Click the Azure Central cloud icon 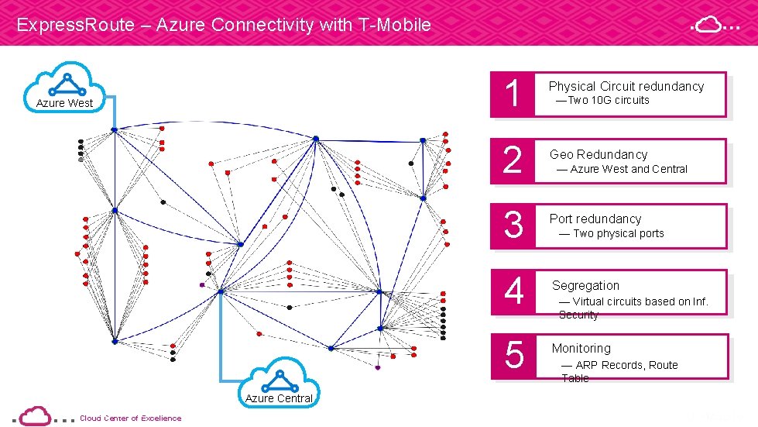pos(280,384)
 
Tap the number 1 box pos(512,95)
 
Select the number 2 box pos(512,161)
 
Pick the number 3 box pos(512,226)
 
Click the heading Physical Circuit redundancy pos(626,86)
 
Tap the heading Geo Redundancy pos(599,154)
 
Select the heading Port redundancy pos(595,219)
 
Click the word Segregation pos(585,285)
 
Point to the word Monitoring pos(581,348)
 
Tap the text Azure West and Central pos(628,169)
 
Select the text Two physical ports pos(618,233)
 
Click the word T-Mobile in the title pos(395,25)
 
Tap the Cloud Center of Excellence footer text pos(131,418)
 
